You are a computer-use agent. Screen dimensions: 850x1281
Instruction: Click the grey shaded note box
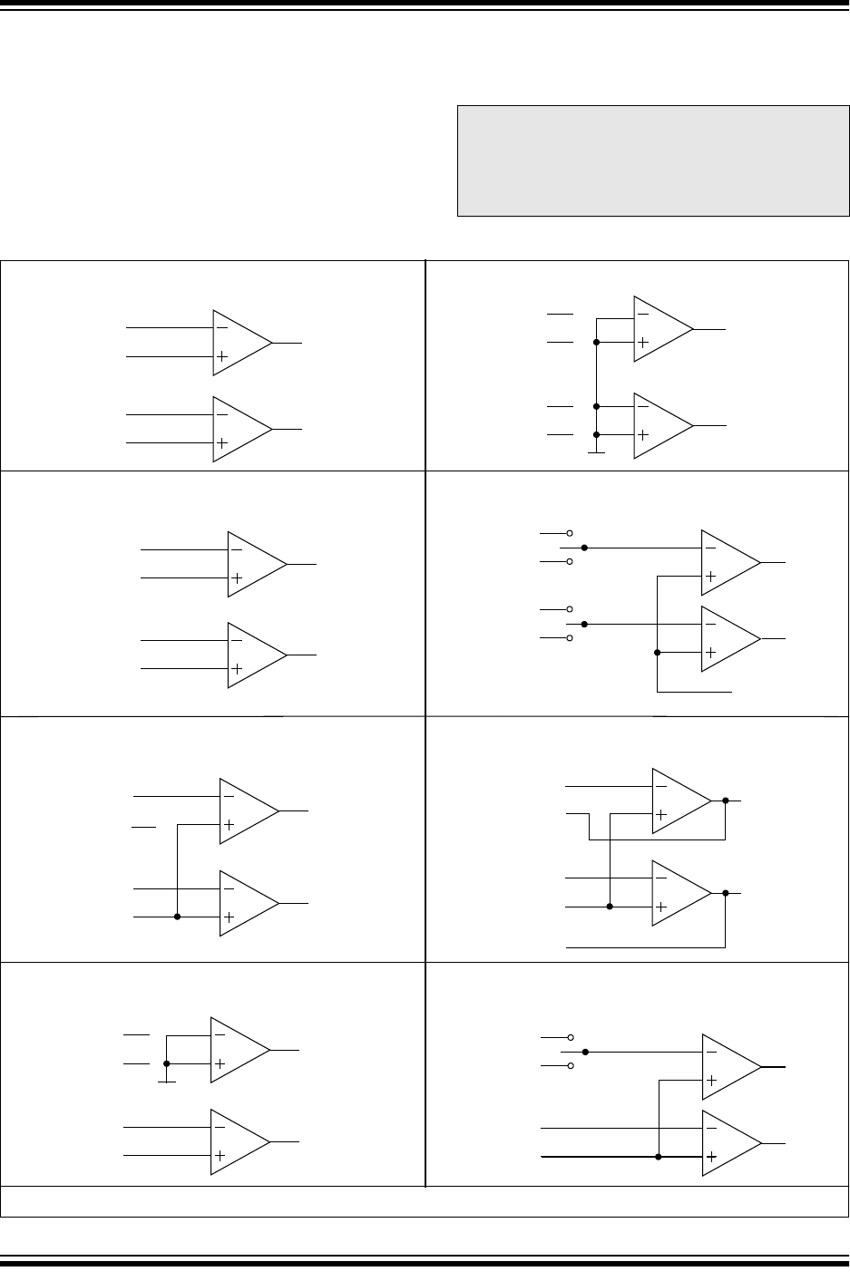653,160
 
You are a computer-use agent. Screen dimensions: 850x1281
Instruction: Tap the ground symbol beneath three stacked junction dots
596,451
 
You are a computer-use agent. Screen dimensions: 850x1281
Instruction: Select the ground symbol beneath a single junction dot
166,1080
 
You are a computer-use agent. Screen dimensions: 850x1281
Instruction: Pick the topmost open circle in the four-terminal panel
570,533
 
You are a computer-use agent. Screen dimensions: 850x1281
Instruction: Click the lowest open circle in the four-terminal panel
570,639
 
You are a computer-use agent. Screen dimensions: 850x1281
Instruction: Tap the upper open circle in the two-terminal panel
571,1037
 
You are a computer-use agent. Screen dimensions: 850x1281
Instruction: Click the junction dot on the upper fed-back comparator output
726,801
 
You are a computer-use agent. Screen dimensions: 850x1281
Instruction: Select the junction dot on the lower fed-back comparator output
726,893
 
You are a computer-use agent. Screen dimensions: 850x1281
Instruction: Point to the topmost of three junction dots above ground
596,343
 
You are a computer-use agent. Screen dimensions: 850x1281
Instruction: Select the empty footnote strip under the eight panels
425,1201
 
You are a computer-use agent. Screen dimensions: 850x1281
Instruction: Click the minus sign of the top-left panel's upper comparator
222,327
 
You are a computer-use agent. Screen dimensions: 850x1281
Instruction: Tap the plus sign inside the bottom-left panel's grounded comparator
220,1064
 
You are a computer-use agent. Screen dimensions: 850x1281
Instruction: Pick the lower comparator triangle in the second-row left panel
254,655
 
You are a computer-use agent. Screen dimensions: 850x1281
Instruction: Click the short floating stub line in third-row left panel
143,827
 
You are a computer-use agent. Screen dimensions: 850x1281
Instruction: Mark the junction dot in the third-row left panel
177,917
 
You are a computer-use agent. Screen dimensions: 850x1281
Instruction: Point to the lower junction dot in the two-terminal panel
659,1157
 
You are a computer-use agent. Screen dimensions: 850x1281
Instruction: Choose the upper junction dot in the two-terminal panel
585,1053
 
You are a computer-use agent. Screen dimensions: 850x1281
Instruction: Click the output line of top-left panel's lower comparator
287,429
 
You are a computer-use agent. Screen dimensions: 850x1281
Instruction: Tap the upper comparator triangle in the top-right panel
660,328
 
